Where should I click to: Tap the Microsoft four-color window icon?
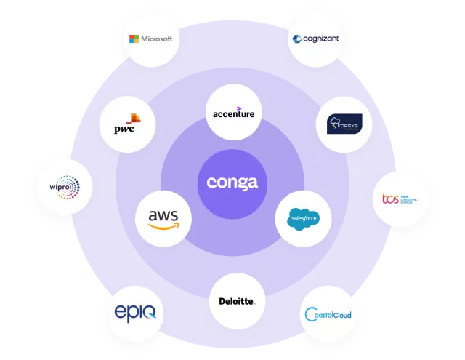[134, 38]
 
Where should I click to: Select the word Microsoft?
[155, 39]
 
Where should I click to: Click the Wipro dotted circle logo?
[64, 187]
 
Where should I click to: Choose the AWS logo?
[163, 218]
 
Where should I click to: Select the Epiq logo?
[134, 313]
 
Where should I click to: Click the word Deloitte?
[236, 301]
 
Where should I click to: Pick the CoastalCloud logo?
[328, 314]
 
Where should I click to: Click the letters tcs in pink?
[391, 199]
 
